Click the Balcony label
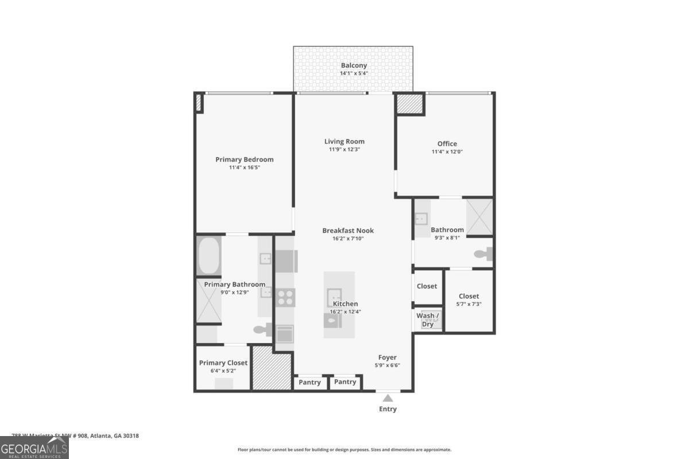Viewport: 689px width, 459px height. [x=353, y=65]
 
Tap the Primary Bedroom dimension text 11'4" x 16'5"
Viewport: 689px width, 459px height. [x=245, y=168]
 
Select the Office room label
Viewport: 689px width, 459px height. [x=447, y=143]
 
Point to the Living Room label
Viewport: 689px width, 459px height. [x=344, y=141]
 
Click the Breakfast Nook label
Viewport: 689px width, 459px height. [x=348, y=231]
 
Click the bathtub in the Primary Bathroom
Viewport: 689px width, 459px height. [x=210, y=256]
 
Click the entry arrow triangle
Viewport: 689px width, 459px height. [x=388, y=398]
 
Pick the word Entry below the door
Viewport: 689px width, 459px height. [x=388, y=409]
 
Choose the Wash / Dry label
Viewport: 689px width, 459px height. [x=428, y=320]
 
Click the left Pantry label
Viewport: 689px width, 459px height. [x=310, y=382]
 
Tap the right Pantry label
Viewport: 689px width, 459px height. [x=345, y=382]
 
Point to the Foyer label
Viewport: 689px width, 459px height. [x=387, y=357]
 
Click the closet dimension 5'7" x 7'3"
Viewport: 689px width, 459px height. [x=469, y=304]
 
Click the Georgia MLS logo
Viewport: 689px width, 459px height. [x=34, y=448]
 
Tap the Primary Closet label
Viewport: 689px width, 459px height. [x=223, y=363]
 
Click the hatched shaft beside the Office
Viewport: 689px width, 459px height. [x=409, y=104]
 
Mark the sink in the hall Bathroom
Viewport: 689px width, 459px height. [x=421, y=218]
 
